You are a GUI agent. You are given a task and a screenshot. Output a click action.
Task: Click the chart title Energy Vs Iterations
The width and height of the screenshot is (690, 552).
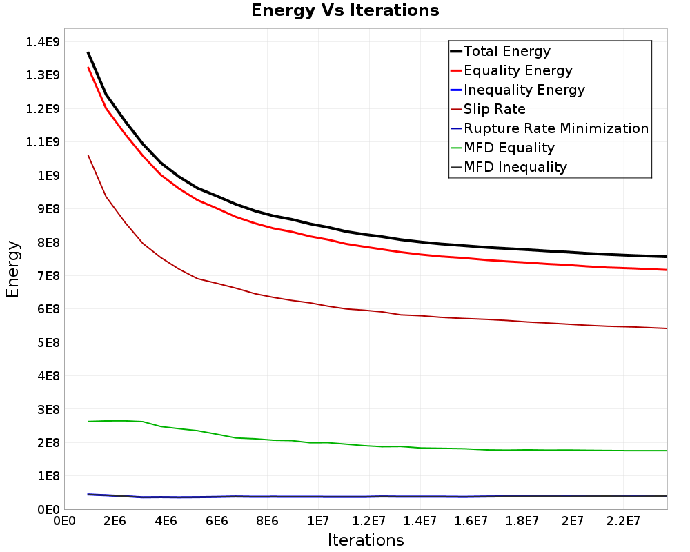click(345, 10)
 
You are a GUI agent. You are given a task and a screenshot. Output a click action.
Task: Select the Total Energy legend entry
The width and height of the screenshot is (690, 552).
click(500, 51)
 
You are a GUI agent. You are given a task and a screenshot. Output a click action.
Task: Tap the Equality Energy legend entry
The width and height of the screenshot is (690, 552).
click(511, 70)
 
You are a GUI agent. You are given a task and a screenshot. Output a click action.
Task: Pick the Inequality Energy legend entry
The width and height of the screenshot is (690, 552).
click(517, 90)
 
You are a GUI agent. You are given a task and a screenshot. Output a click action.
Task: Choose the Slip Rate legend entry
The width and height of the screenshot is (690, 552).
click(488, 109)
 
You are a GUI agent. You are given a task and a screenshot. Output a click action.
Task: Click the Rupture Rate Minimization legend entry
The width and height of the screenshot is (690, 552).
click(550, 128)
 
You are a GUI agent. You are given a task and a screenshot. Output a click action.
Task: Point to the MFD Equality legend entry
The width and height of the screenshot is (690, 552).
click(502, 148)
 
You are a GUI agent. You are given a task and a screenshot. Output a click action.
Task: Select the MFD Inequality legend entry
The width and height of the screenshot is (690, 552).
click(509, 167)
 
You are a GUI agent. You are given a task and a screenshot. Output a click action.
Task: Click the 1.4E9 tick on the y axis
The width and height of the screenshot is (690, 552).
click(43, 42)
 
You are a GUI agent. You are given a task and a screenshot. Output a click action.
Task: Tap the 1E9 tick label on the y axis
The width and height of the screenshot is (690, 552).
click(49, 176)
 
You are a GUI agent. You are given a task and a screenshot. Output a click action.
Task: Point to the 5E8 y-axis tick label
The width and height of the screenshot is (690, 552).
click(49, 342)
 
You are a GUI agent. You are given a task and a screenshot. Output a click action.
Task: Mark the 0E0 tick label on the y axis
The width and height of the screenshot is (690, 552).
click(49, 510)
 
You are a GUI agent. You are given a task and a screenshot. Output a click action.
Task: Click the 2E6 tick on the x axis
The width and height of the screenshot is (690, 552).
click(115, 521)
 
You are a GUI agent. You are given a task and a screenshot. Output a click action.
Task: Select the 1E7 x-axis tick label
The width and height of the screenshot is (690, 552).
click(318, 521)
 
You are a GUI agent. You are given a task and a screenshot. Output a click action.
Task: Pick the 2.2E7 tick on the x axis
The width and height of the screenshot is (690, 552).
click(623, 521)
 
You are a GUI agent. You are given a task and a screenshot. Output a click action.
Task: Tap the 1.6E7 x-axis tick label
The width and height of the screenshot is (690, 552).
click(471, 521)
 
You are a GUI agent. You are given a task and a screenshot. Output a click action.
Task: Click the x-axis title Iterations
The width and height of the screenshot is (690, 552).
click(366, 540)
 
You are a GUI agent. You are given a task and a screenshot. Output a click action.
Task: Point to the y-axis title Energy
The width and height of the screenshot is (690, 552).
click(12, 269)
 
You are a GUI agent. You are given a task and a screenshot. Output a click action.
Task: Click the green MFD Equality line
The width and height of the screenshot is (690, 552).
click(378, 446)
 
